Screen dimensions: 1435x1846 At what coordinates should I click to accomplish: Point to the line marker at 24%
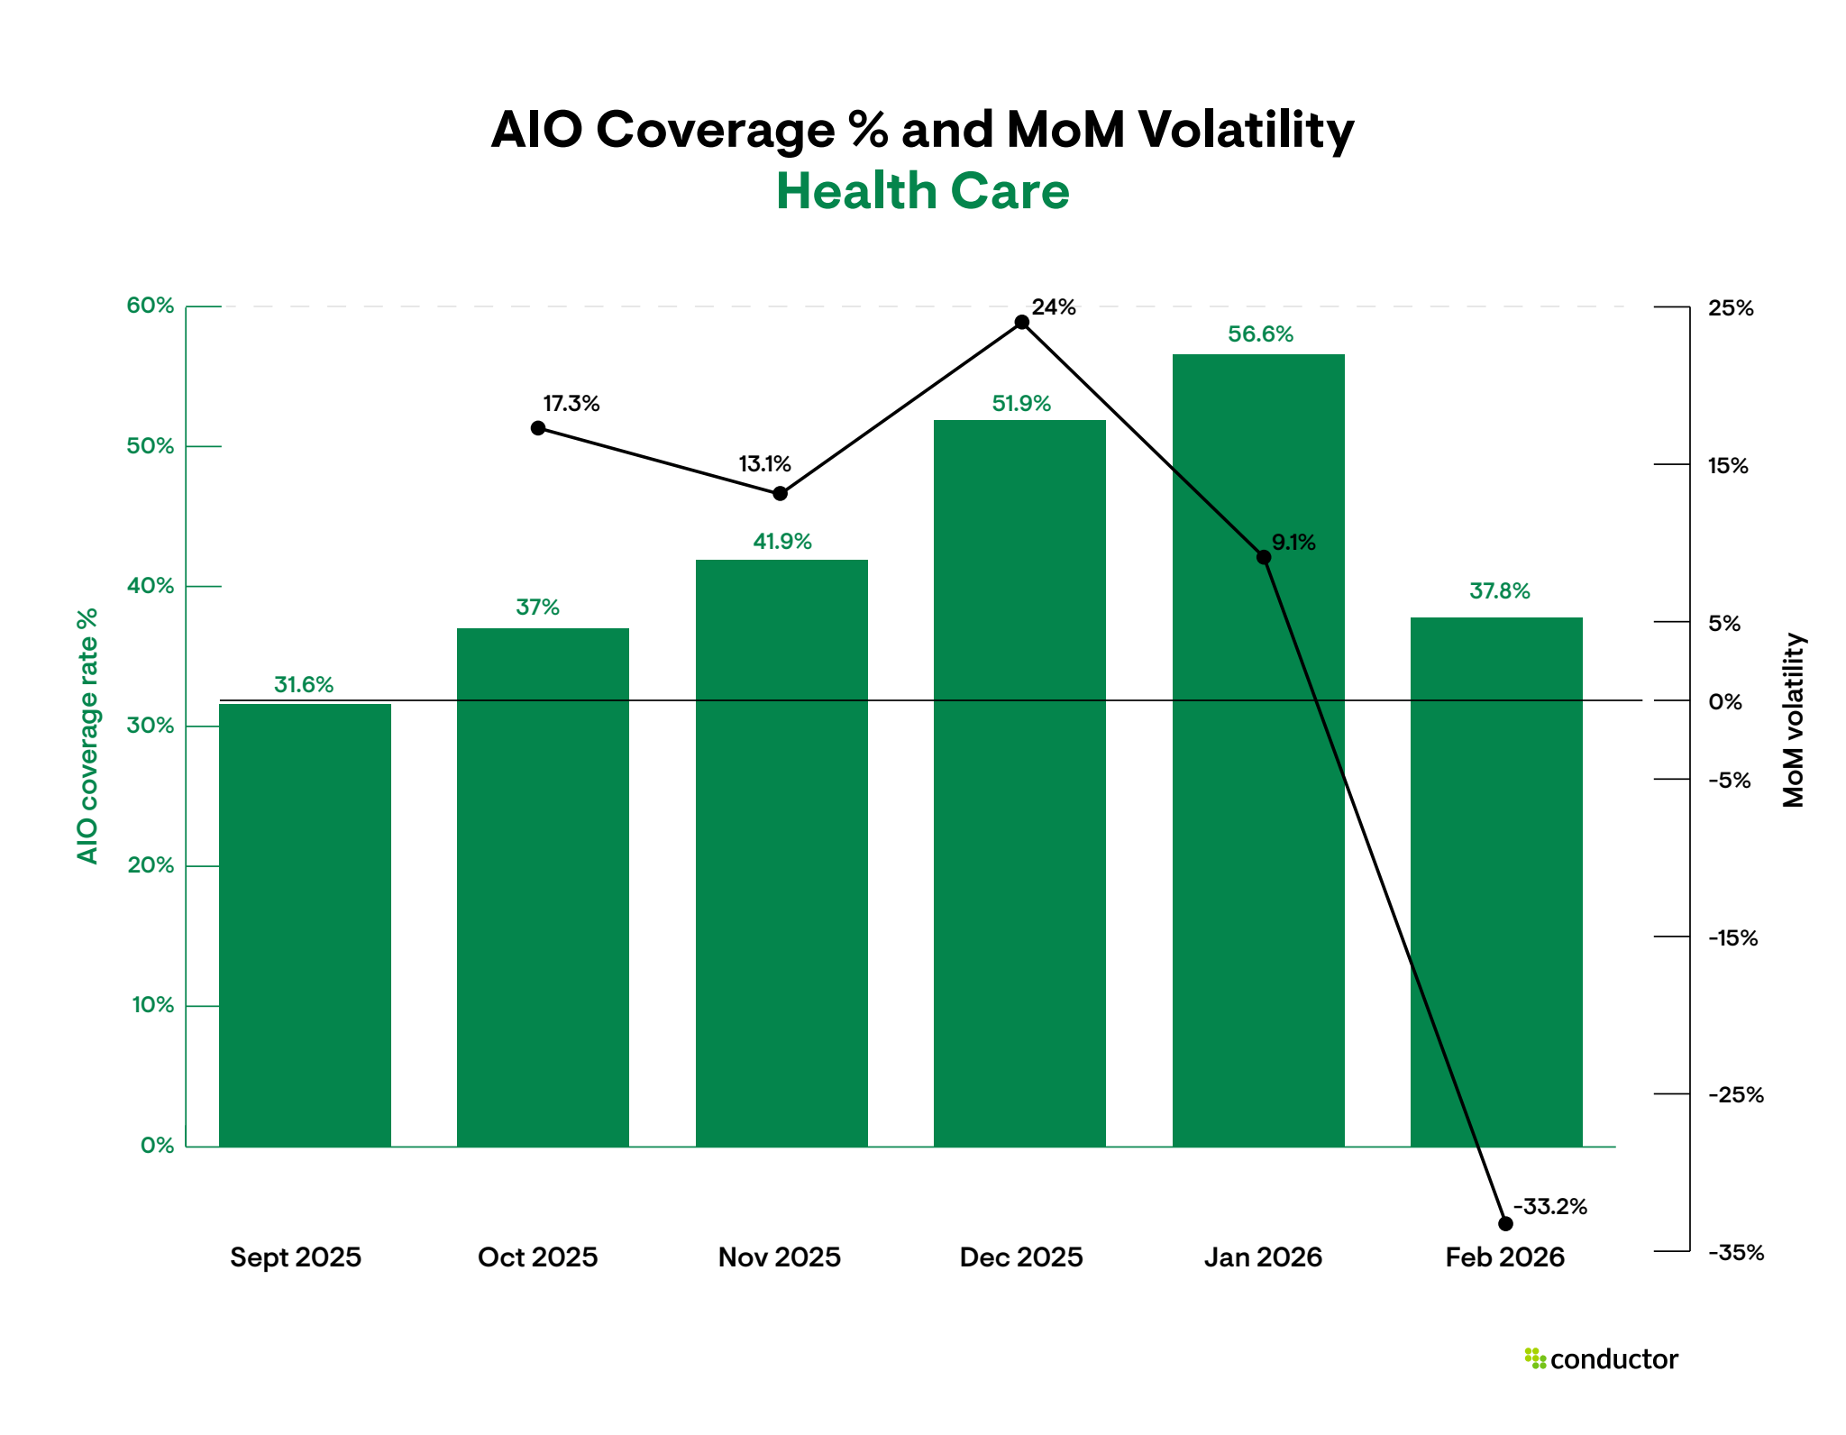(x=1021, y=323)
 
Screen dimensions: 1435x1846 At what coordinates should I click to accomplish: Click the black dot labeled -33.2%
(x=1505, y=1223)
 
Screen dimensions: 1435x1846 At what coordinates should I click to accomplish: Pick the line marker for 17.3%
(x=538, y=428)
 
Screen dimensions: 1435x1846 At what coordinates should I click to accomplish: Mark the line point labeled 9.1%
(x=1264, y=558)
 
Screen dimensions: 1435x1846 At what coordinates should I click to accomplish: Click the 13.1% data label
(x=764, y=464)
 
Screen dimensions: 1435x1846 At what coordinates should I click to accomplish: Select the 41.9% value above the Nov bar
(x=782, y=542)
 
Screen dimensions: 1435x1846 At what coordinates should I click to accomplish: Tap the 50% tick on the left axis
(x=151, y=446)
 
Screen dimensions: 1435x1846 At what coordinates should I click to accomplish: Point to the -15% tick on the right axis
(x=1732, y=938)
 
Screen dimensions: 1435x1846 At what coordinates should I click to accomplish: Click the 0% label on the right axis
(x=1725, y=701)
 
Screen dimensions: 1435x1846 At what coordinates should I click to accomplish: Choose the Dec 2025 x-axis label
(x=1021, y=1257)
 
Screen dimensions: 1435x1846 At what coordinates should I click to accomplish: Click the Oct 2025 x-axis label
(x=538, y=1257)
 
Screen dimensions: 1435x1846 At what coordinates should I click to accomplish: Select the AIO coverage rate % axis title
(x=87, y=736)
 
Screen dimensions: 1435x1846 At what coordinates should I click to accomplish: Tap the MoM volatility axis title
(x=1794, y=719)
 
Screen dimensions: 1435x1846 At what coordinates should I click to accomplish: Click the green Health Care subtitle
(x=922, y=192)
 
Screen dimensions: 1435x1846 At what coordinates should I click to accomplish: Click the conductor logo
(x=1601, y=1358)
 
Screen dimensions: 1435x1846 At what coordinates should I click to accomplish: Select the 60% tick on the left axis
(x=151, y=306)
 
